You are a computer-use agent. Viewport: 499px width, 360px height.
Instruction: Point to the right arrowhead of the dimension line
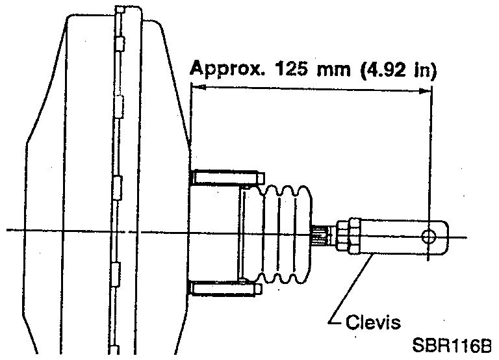click(x=426, y=91)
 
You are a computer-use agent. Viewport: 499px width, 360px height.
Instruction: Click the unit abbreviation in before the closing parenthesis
click(x=423, y=68)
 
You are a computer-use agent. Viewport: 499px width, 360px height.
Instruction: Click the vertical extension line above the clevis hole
click(x=430, y=162)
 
